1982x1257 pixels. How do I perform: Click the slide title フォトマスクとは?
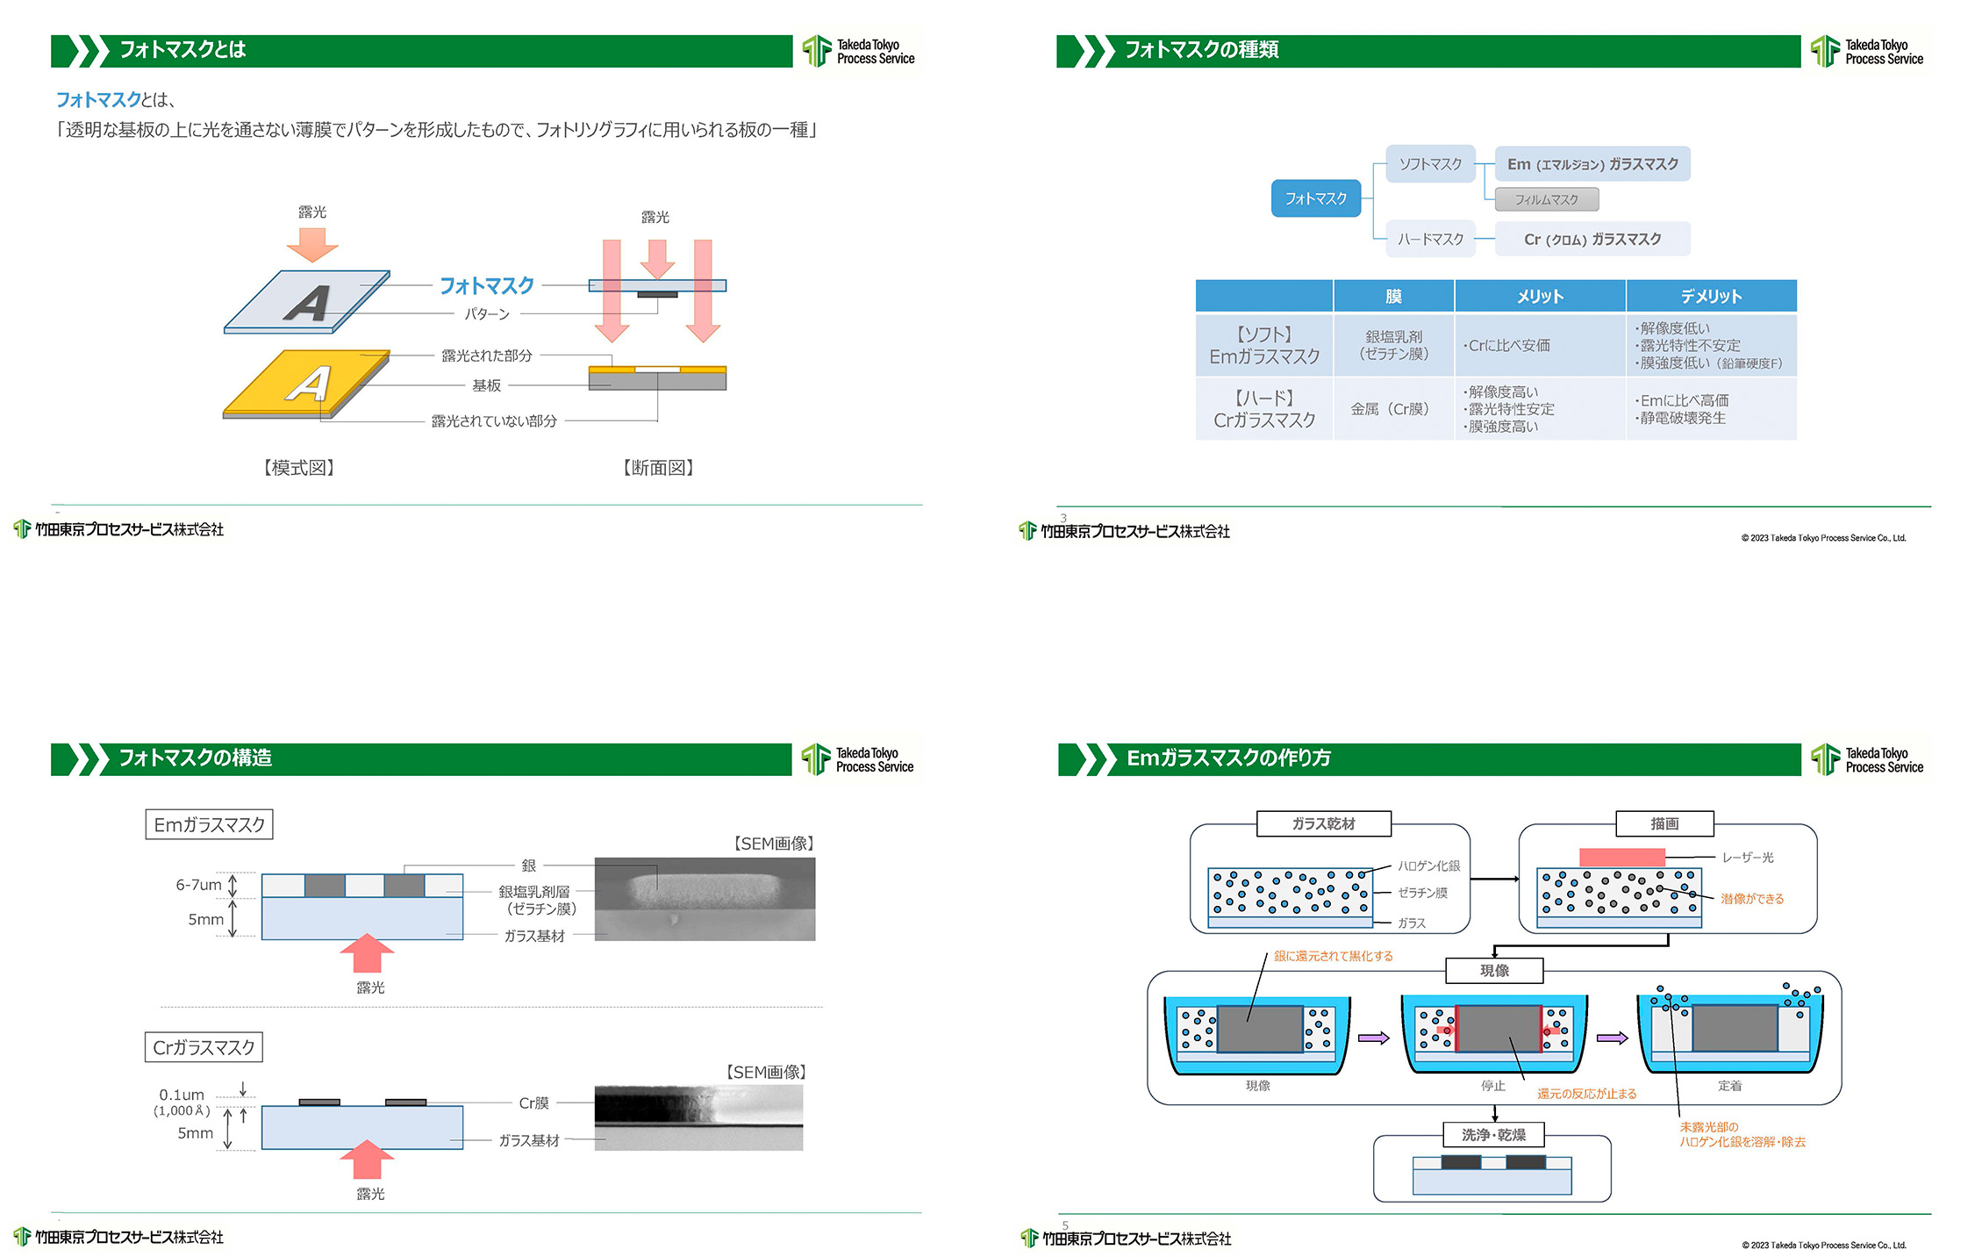click(182, 50)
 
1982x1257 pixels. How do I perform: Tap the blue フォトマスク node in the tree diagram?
click(1315, 198)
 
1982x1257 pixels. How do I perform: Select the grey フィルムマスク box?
click(1546, 200)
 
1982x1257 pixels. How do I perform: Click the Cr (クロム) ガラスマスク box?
click(1592, 239)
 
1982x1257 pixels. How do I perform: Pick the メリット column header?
click(1540, 297)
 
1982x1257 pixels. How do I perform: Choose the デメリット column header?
click(1711, 297)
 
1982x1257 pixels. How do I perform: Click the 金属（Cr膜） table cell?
click(1393, 409)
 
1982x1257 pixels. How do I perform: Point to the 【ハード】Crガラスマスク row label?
click(1264, 409)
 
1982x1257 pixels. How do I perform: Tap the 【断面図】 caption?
click(658, 468)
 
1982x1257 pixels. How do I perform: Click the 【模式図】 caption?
click(299, 468)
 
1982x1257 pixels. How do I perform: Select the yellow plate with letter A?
click(306, 384)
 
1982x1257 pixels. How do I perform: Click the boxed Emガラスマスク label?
click(209, 825)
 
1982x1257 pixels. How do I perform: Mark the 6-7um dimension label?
click(198, 885)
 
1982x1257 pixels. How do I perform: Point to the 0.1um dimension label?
click(182, 1095)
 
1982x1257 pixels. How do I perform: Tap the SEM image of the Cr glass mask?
click(698, 1117)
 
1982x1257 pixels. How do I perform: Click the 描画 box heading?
click(1664, 823)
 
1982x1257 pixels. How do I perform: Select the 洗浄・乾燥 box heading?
click(1493, 1135)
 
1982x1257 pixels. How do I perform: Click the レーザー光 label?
click(1747, 858)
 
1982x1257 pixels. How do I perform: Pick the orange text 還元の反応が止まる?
click(1586, 1094)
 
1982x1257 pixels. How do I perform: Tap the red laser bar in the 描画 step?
click(1621, 858)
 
